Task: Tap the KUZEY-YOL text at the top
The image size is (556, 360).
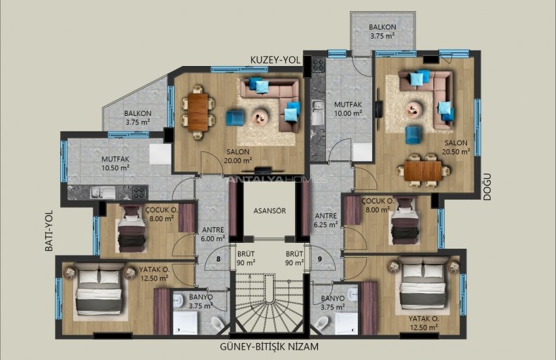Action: [275, 60]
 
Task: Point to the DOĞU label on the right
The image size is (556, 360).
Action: [486, 187]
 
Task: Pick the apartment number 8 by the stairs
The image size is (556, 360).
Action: [219, 258]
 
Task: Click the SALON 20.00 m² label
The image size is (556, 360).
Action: [238, 155]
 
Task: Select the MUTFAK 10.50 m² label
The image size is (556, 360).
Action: [115, 162]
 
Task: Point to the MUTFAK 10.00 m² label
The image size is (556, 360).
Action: [348, 109]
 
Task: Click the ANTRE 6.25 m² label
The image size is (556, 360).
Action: [326, 219]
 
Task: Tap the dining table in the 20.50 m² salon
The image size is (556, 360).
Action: [423, 170]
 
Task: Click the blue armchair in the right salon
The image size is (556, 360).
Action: [413, 134]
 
